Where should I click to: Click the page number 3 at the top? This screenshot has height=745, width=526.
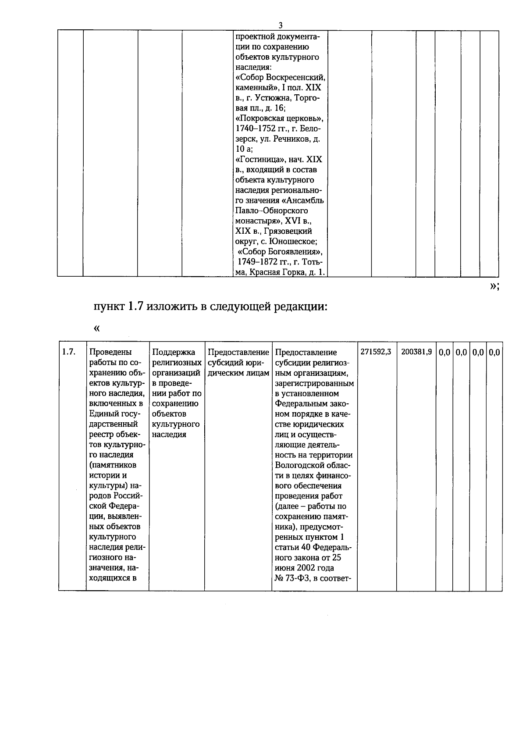pos(281,25)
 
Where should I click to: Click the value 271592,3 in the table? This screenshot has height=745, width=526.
pos(376,352)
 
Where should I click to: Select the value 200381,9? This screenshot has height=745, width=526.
pos(416,352)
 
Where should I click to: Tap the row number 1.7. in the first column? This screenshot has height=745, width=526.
pos(68,352)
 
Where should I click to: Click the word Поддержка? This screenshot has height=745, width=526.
pos(173,352)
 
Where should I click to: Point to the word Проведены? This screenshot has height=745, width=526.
pos(110,352)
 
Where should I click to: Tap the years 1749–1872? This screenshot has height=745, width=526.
pos(259,262)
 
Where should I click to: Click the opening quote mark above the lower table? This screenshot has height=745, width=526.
pos(96,328)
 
